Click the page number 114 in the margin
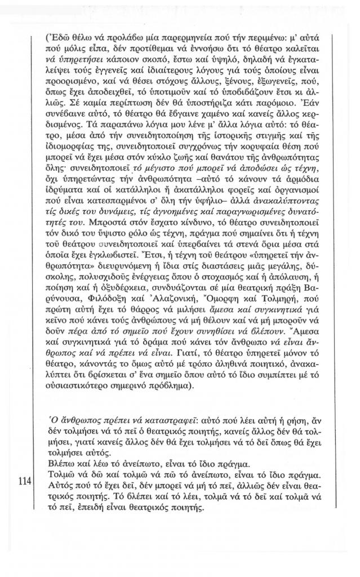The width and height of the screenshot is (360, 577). (22, 483)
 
